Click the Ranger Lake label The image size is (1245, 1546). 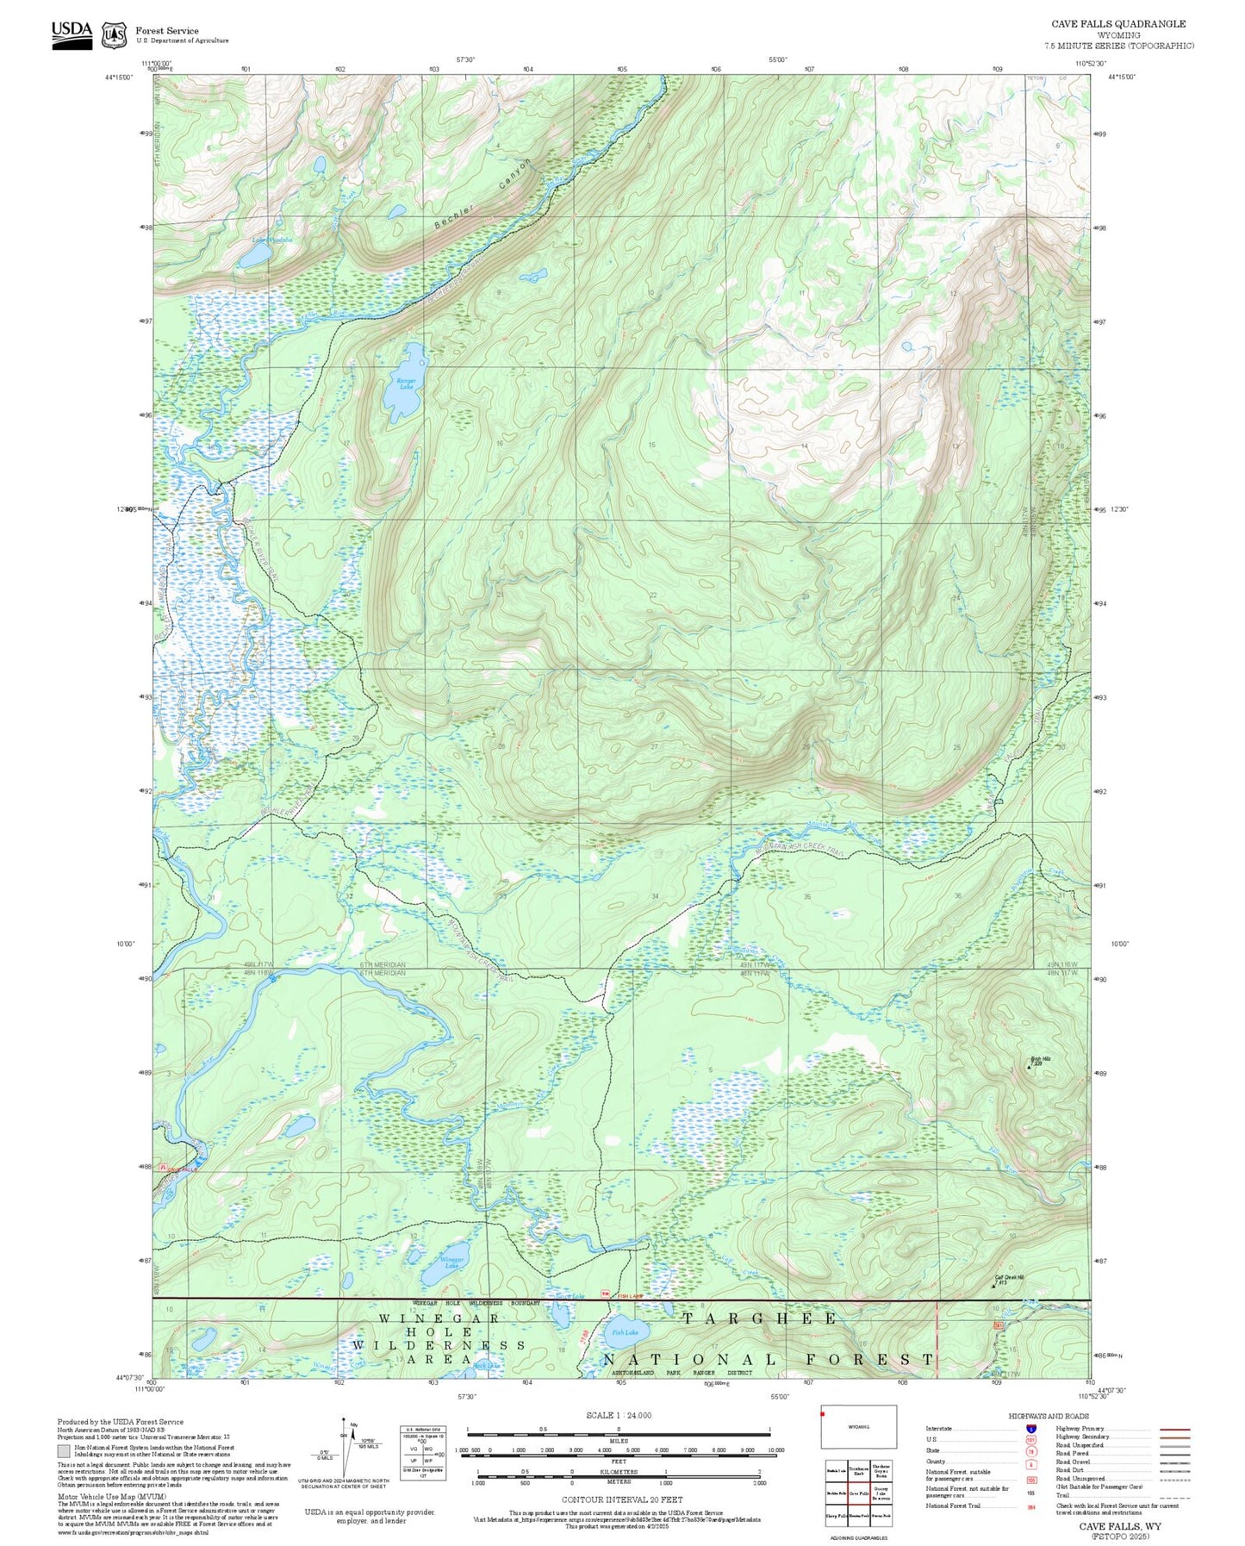(406, 383)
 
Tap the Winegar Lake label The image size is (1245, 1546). (451, 1262)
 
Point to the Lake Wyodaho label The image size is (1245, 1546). (267, 240)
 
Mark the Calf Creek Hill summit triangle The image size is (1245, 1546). (993, 1286)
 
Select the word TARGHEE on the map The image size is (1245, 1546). (760, 1318)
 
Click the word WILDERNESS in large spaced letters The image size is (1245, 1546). (439, 1344)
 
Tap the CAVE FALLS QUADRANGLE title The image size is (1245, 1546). (1118, 24)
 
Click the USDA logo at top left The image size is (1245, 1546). (72, 34)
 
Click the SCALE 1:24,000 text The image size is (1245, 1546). (619, 1415)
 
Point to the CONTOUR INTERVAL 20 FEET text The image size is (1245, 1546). (621, 1499)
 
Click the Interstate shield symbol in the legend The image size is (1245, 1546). (1031, 1429)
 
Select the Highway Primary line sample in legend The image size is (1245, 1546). (1175, 1429)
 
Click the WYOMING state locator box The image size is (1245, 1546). (858, 1427)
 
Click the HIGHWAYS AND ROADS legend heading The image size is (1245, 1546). (1049, 1416)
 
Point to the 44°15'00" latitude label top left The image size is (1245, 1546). (120, 78)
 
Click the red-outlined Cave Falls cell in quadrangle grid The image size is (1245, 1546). (858, 1493)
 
